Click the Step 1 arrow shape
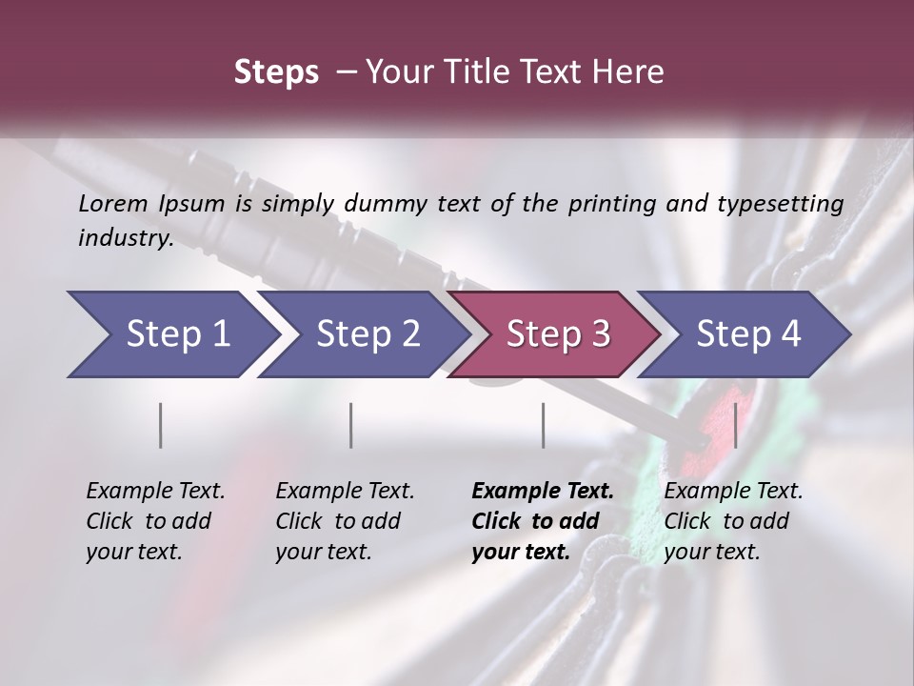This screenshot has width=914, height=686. (x=171, y=334)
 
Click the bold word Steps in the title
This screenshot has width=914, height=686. (x=276, y=72)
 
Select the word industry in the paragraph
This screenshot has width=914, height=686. (x=123, y=238)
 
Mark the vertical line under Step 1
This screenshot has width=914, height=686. (x=161, y=425)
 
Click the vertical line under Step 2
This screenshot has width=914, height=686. (x=351, y=425)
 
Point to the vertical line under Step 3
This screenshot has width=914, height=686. (x=544, y=425)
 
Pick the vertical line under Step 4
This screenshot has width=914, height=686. (x=735, y=425)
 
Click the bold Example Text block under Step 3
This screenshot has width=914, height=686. (x=541, y=521)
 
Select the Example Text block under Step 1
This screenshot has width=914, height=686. (x=154, y=521)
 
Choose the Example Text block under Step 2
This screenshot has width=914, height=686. (x=344, y=521)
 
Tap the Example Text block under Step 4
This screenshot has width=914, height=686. (x=732, y=521)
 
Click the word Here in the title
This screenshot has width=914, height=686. (x=627, y=72)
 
